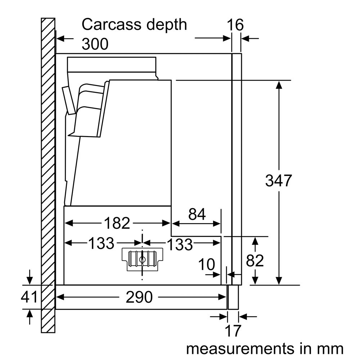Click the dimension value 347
278,180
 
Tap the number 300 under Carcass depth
95,44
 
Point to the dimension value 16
235,25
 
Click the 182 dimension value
117,224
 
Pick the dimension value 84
197,215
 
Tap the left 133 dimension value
101,244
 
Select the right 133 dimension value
180,244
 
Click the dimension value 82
255,260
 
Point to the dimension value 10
207,265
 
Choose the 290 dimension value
139,297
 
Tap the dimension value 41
29,297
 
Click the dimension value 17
232,330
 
